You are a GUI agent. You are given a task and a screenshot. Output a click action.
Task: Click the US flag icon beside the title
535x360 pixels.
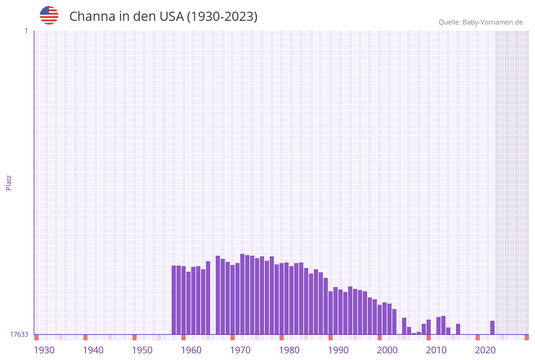[x=49, y=15]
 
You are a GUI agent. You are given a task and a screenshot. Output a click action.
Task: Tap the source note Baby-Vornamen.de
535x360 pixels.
[x=480, y=22]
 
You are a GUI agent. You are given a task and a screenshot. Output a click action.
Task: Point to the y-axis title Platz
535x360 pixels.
[x=9, y=182]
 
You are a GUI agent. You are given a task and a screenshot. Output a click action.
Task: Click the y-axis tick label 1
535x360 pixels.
[x=26, y=31]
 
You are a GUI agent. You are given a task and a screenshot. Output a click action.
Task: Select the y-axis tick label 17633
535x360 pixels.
[x=19, y=334]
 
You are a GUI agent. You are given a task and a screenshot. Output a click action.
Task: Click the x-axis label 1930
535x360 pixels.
[x=44, y=350]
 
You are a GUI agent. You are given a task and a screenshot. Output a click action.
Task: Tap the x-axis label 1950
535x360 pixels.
[x=142, y=350]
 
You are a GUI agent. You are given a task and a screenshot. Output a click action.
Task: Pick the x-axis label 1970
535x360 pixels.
[x=240, y=350]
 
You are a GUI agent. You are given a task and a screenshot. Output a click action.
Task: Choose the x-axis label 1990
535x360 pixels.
[x=338, y=350]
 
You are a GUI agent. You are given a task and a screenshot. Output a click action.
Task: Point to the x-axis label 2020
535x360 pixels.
[x=485, y=350]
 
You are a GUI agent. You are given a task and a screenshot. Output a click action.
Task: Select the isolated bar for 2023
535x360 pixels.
[x=492, y=327]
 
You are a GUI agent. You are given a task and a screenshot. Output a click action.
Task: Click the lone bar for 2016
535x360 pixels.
[x=458, y=329]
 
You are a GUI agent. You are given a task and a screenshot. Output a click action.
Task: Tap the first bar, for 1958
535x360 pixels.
[x=174, y=300]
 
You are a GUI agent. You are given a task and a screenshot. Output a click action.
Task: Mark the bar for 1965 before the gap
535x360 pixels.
[x=208, y=297]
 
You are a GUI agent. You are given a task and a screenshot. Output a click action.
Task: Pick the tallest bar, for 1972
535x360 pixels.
[x=243, y=294]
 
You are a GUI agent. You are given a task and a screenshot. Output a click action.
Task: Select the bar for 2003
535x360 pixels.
[x=395, y=321]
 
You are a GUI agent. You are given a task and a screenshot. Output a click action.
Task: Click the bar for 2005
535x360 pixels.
[x=404, y=326]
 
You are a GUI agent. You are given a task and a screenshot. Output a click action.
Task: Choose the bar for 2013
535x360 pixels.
[x=444, y=325]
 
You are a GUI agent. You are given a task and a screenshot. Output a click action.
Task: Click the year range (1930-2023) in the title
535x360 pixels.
[x=222, y=17]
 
